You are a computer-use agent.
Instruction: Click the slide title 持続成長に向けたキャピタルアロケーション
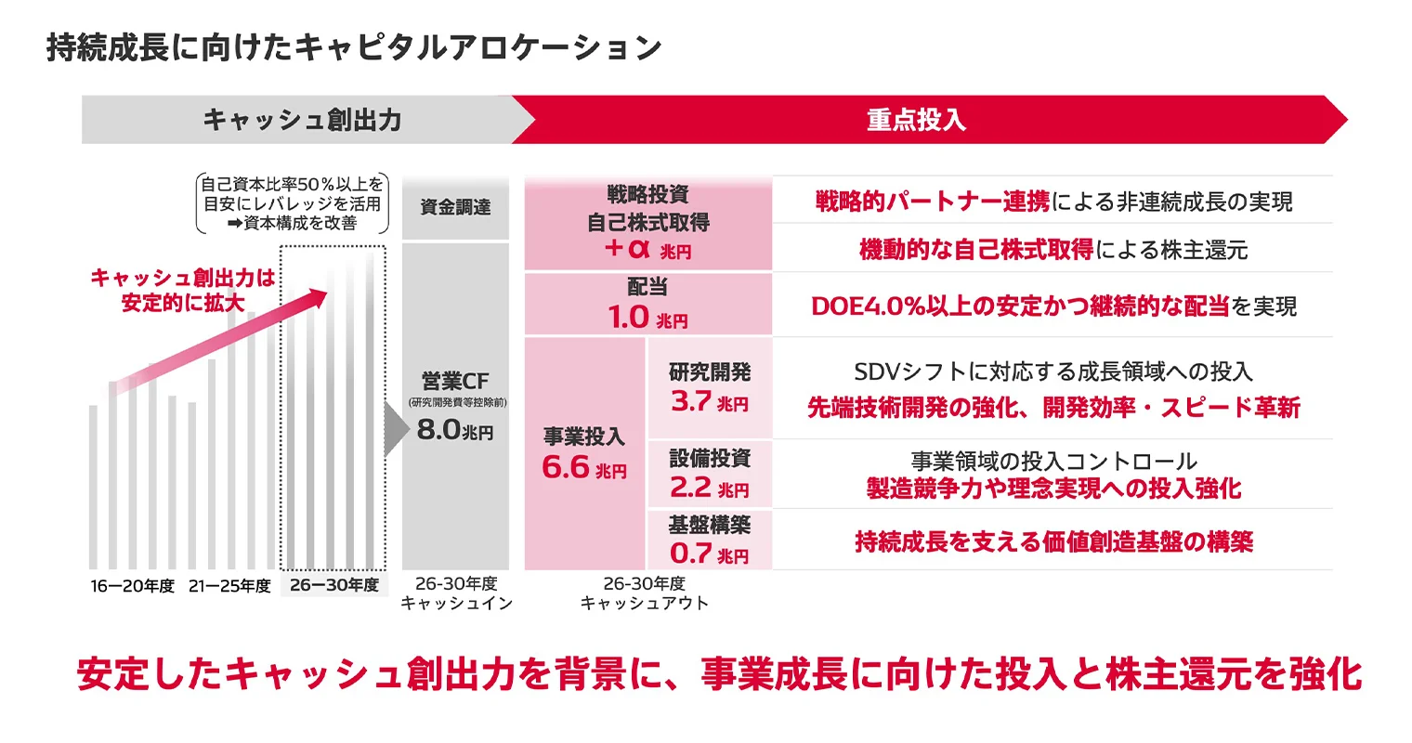[x=354, y=48]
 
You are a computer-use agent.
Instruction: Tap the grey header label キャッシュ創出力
[x=302, y=120]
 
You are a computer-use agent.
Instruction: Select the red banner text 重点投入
[x=916, y=120]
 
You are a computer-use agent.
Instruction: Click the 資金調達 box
[x=455, y=207]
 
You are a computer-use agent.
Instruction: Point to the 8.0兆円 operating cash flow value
[x=455, y=431]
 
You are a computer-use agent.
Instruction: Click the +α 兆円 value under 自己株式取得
[x=647, y=250]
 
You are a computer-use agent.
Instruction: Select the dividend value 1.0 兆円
[x=647, y=318]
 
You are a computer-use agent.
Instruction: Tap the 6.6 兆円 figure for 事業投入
[x=584, y=468]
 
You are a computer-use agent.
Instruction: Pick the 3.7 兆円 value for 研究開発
[x=709, y=402]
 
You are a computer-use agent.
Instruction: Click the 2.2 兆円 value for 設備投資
[x=709, y=488]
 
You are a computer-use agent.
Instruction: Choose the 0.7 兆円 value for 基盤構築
[x=709, y=554]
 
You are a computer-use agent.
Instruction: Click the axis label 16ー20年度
[x=133, y=586]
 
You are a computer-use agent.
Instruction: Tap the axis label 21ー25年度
[x=229, y=586]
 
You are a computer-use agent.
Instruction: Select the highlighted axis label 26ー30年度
[x=334, y=585]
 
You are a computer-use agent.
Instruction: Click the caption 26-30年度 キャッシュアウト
[x=644, y=593]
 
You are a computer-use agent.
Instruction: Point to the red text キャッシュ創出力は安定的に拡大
[x=183, y=290]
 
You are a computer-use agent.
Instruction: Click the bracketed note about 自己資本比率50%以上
[x=292, y=203]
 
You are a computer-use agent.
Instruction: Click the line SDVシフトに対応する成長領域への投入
[x=1053, y=371]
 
